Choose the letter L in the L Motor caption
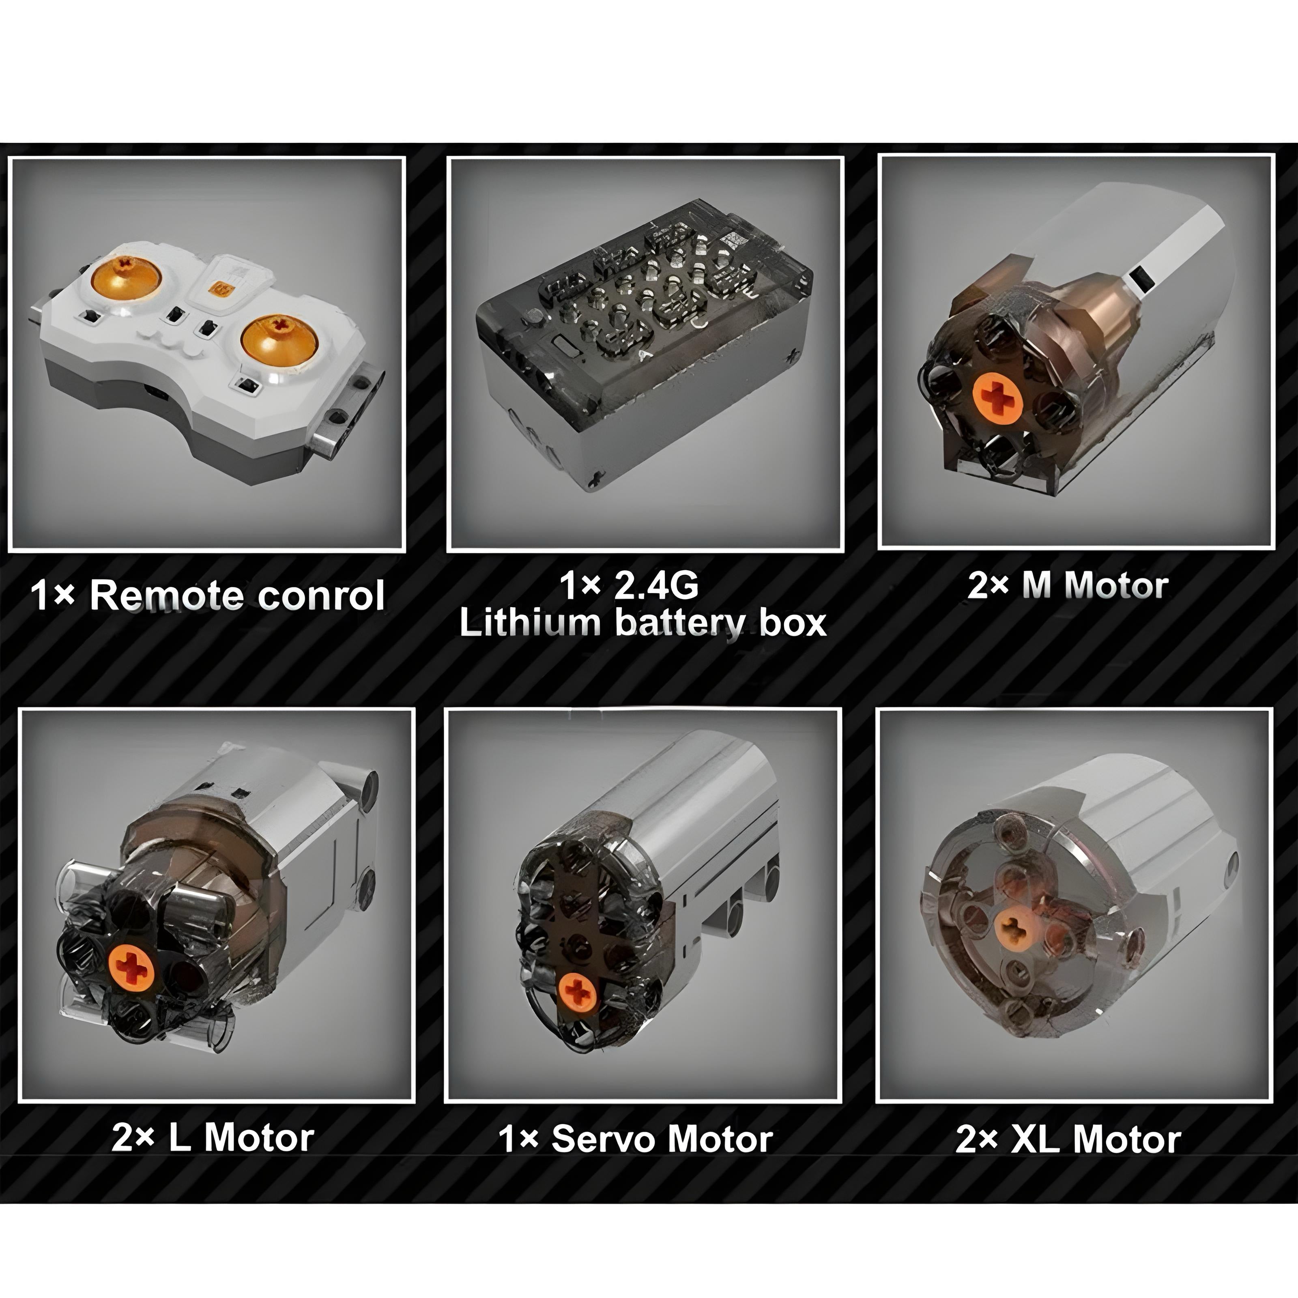pyautogui.click(x=179, y=1137)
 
